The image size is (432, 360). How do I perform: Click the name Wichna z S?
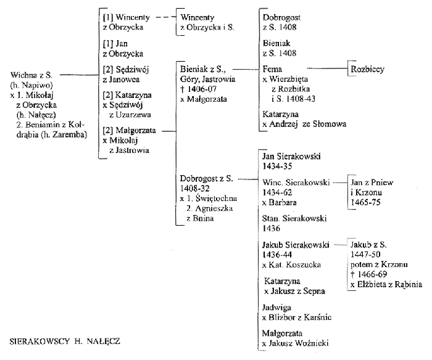(31, 75)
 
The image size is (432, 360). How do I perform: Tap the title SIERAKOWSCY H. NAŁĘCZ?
(65, 342)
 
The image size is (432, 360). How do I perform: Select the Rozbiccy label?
(367, 69)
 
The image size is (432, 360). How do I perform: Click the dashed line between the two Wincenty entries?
(166, 17)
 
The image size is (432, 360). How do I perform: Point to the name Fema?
(272, 69)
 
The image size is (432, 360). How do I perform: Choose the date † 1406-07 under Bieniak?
(198, 89)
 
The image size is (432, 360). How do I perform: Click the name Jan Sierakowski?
(291, 157)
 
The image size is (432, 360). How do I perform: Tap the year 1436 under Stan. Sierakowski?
(271, 228)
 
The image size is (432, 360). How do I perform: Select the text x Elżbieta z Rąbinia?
(386, 284)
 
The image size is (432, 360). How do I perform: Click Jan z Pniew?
(372, 182)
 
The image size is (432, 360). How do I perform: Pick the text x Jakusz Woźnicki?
(296, 343)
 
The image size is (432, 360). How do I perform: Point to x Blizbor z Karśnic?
(296, 317)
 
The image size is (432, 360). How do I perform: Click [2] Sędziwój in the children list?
(126, 70)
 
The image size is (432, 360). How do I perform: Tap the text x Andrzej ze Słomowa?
(304, 124)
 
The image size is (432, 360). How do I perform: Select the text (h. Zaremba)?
(64, 134)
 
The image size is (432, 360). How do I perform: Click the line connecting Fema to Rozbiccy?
(327, 68)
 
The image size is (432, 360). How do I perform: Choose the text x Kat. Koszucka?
(291, 265)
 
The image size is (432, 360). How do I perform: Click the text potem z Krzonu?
(379, 264)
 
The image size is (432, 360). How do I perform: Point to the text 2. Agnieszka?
(209, 208)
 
